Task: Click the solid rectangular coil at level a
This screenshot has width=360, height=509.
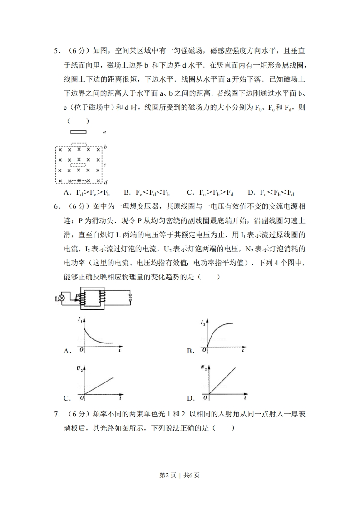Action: (x=78, y=132)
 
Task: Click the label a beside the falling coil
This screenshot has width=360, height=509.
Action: (x=104, y=132)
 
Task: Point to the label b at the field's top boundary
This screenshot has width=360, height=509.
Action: (x=105, y=147)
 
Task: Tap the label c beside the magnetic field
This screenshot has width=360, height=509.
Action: (x=105, y=165)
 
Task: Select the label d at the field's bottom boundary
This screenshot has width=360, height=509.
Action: (x=105, y=182)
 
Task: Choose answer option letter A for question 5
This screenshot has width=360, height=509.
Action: (x=67, y=192)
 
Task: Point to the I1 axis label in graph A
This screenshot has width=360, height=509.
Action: (x=80, y=320)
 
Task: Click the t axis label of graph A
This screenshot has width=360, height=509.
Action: (x=119, y=351)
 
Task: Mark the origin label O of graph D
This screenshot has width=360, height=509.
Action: (x=205, y=398)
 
